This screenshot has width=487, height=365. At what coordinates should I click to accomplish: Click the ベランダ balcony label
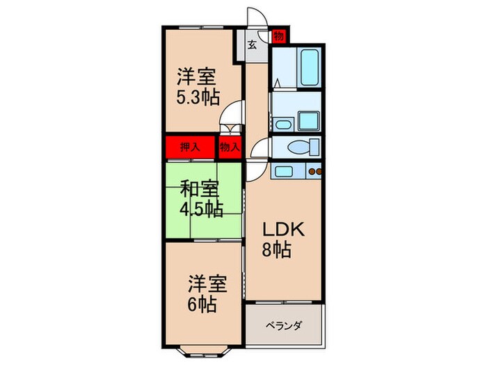tap(282, 325)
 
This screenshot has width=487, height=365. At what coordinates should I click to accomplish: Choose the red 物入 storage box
tap(229, 147)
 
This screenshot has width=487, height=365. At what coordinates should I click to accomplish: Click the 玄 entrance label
tap(252, 46)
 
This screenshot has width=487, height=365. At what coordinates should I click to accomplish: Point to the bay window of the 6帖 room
tap(202, 346)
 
